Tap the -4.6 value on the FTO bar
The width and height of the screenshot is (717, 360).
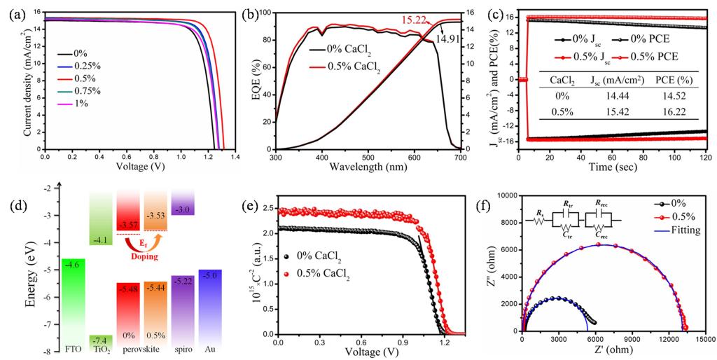point(74,265)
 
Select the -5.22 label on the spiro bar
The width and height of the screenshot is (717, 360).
point(183,281)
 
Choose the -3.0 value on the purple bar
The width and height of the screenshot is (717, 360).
point(183,209)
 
